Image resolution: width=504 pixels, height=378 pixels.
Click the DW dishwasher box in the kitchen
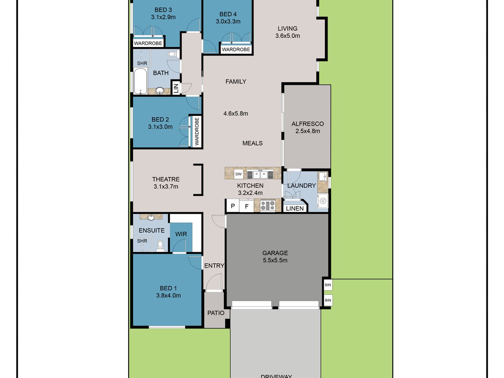point(238,174)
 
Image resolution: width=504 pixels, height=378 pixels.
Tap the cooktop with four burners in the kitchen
point(268,205)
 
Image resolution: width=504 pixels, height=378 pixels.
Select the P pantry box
point(233,206)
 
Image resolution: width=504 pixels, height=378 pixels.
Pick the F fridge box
point(247,206)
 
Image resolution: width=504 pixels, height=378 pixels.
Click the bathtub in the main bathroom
point(140,81)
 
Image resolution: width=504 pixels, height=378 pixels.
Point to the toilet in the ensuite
point(160,246)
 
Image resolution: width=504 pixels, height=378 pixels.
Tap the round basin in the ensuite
point(151,217)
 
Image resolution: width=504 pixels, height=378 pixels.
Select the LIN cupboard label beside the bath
point(176,88)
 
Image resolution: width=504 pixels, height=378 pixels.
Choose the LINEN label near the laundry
point(295,208)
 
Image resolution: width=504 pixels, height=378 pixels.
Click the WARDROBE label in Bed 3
point(148,43)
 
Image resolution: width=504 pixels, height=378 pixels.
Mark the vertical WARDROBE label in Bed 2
point(197,131)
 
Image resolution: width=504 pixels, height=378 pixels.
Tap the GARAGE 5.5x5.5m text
point(275,257)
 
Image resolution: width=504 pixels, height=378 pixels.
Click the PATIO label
point(216,313)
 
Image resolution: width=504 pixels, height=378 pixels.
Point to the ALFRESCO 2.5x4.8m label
point(308,127)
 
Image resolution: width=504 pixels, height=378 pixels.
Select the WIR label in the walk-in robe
point(181,234)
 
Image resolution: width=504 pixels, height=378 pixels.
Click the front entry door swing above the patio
point(214,282)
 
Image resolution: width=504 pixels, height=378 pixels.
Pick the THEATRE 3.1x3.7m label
point(166,183)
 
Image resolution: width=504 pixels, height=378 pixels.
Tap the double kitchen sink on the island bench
point(260,174)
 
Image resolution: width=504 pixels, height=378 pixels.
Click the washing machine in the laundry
point(323,201)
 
